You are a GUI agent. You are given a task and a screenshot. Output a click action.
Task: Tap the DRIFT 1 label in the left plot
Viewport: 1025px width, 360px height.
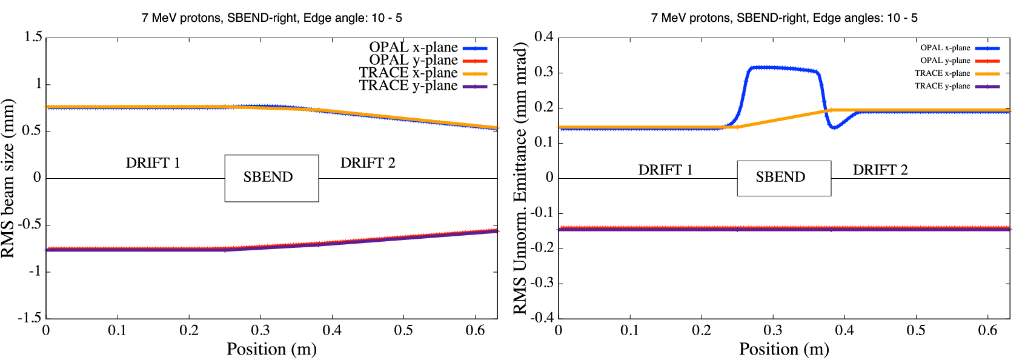point(153,163)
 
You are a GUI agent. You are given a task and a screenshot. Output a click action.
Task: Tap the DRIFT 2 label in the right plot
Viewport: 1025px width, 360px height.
point(880,170)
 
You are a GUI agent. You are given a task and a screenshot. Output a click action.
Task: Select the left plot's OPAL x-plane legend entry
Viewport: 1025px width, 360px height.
point(427,47)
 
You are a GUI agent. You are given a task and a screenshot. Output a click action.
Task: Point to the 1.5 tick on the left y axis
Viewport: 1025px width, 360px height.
point(33,37)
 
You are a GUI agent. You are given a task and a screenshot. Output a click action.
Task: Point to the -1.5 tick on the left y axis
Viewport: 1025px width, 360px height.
point(30,318)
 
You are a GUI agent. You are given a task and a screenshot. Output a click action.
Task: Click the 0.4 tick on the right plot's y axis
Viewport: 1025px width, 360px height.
point(543,37)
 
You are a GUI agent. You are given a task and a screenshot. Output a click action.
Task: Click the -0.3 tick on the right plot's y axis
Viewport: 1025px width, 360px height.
point(541,283)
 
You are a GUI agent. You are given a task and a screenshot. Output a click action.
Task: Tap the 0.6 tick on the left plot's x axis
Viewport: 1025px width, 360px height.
point(475,330)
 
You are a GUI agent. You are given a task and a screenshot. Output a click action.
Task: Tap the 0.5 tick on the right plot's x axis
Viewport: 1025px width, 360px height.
point(916,330)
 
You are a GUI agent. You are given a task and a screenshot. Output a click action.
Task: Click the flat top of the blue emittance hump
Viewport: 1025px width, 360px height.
point(781,68)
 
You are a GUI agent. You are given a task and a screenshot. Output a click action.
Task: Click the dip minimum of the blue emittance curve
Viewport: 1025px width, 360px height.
point(835,127)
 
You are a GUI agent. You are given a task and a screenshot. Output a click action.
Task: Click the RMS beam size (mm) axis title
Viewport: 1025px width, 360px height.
point(8,178)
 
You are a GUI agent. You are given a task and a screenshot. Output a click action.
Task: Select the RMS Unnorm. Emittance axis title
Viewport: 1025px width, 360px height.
point(520,178)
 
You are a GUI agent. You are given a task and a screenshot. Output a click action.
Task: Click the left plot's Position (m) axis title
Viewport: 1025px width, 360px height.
point(271,350)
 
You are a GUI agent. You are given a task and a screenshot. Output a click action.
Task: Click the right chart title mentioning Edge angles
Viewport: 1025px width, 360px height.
point(784,18)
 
